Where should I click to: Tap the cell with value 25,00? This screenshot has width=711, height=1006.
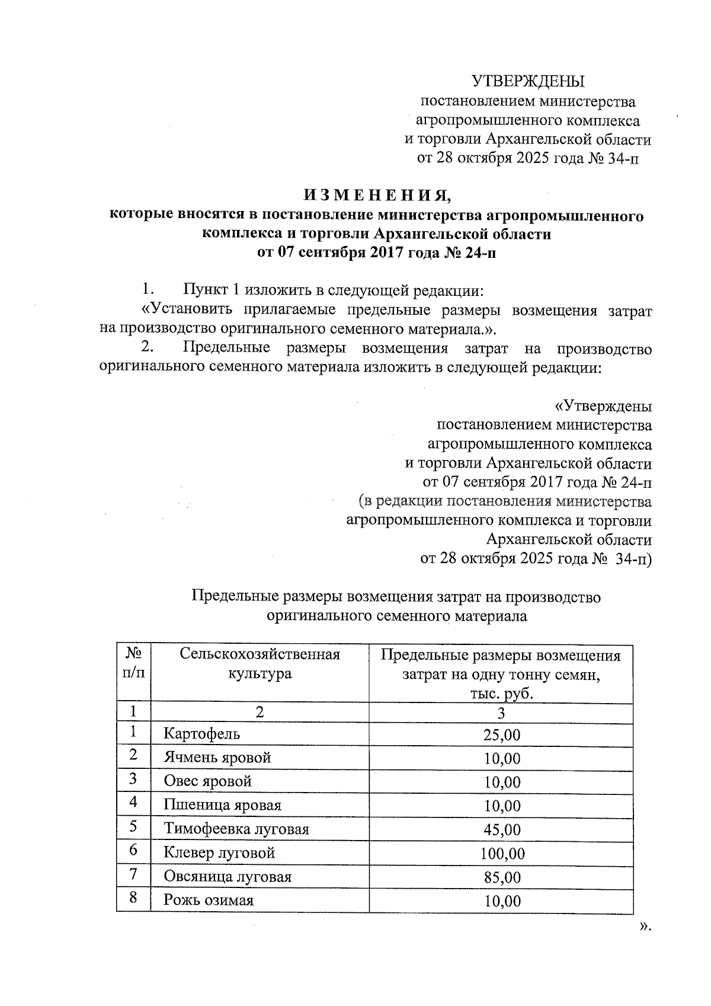(501, 735)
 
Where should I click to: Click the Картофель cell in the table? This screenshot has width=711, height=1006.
(201, 734)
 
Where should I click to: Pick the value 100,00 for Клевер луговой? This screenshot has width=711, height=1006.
(501, 854)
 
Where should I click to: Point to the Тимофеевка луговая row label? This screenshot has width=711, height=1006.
(236, 829)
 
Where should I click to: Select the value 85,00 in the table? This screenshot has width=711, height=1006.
(501, 877)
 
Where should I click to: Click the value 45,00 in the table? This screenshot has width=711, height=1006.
(501, 830)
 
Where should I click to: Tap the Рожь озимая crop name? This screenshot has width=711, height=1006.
(209, 900)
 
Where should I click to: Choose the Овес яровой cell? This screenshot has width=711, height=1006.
(207, 781)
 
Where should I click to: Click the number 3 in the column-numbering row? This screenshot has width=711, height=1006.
(501, 713)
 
